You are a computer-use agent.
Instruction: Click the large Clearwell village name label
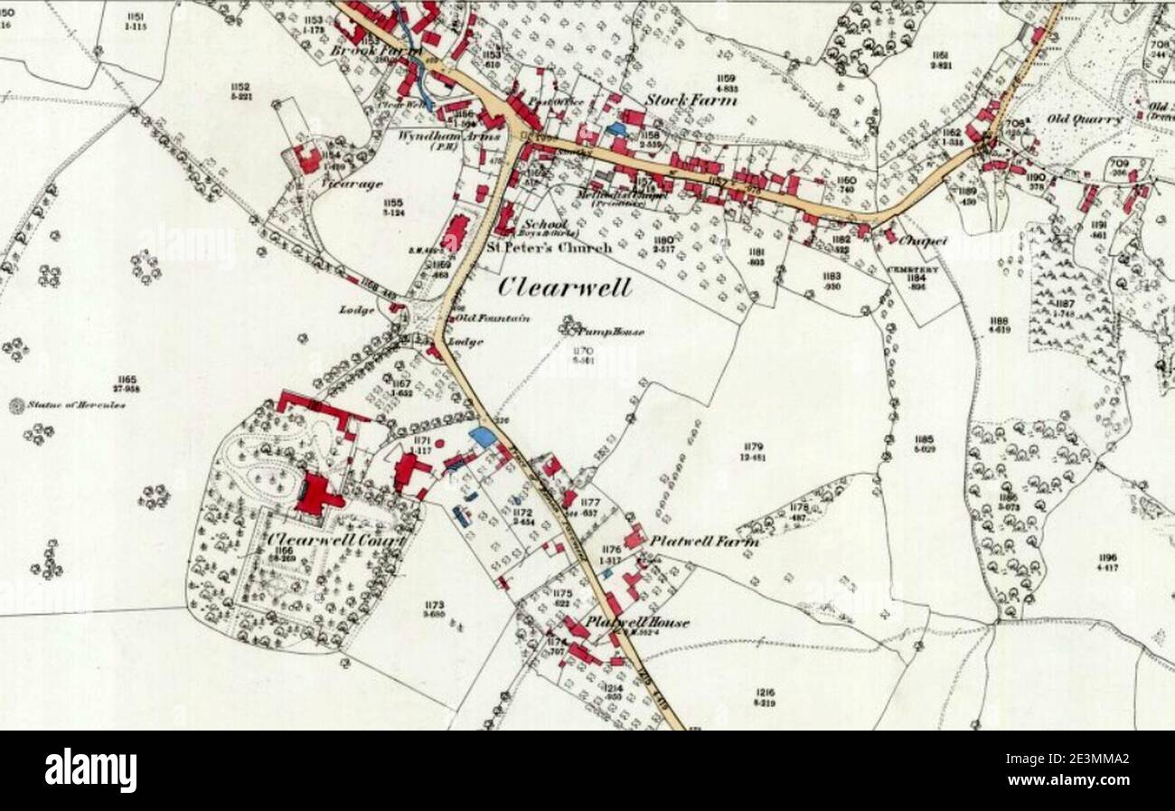click(x=565, y=287)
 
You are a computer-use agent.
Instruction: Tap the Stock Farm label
click(x=691, y=99)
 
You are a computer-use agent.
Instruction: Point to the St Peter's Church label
click(x=550, y=247)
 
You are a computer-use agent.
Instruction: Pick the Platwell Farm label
click(x=704, y=541)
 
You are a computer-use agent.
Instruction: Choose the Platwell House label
click(x=636, y=622)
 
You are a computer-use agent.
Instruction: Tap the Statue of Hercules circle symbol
click(x=16, y=406)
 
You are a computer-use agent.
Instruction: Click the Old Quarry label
click(x=1085, y=119)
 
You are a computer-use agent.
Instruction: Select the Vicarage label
click(x=339, y=184)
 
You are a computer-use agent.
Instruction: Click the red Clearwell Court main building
click(x=316, y=495)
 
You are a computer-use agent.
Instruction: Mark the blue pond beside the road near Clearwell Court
click(x=483, y=438)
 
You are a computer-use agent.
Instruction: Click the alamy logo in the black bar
click(x=90, y=770)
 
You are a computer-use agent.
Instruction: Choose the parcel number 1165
click(x=127, y=379)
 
